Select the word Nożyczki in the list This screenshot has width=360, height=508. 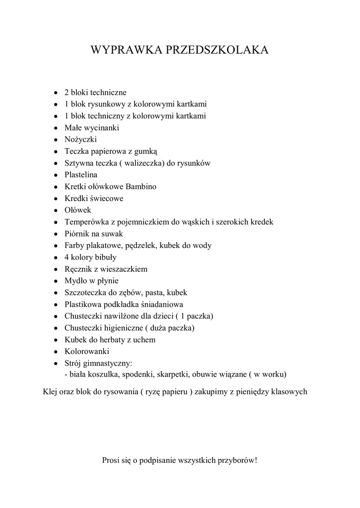[x=80, y=139]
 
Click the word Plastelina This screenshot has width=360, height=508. [x=81, y=175]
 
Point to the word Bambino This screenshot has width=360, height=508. [x=140, y=187]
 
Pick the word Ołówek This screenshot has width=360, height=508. [x=78, y=210]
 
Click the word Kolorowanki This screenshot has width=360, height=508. [x=87, y=352]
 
